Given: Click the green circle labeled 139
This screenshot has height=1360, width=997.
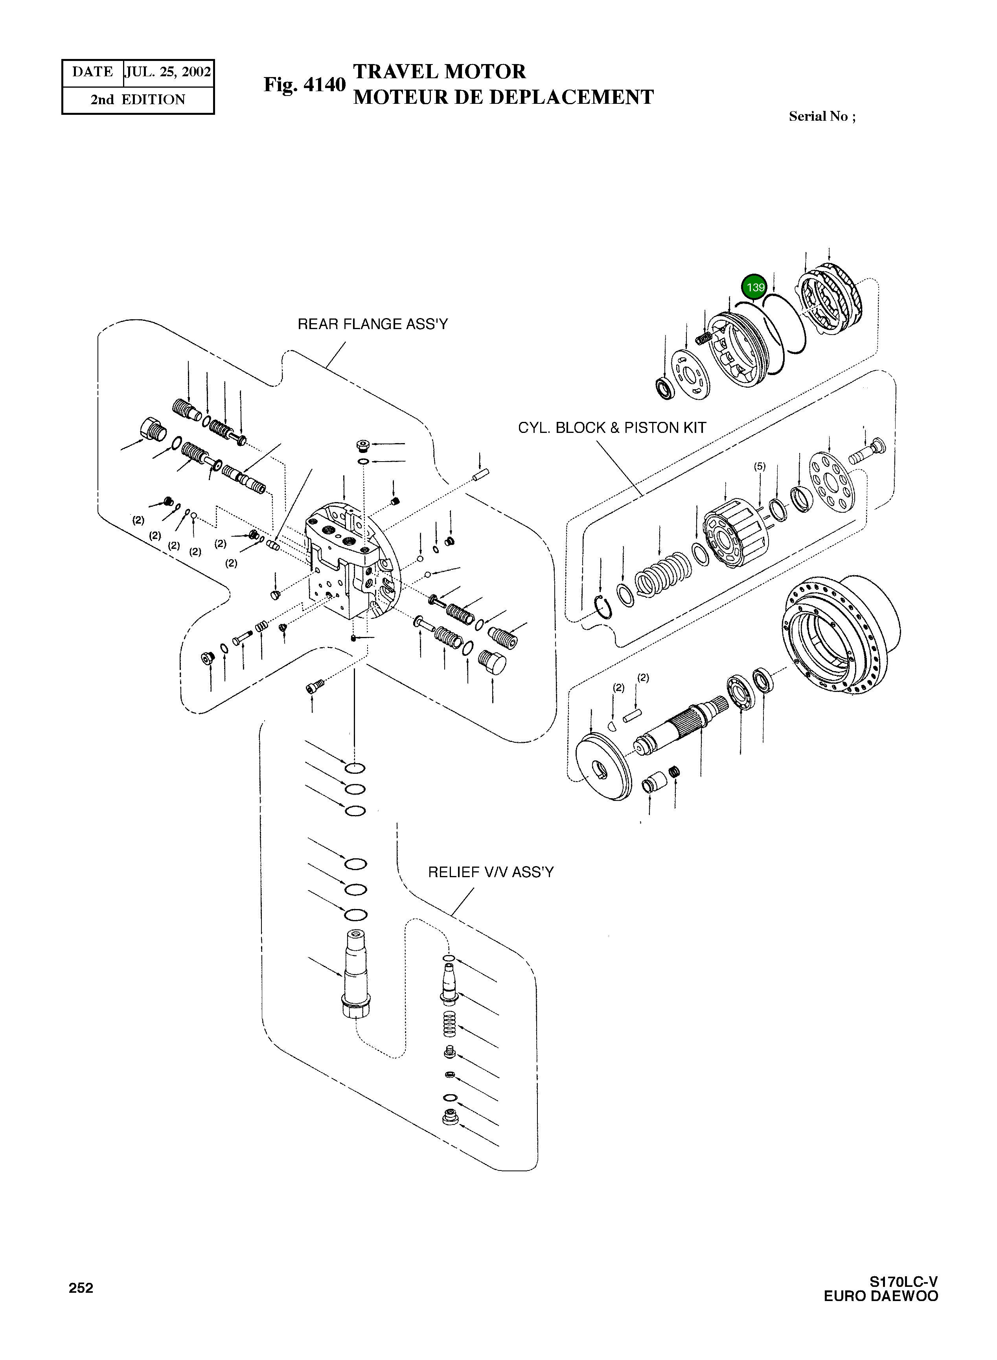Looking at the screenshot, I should pyautogui.click(x=754, y=287).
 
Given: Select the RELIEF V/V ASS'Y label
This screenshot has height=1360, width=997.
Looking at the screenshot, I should pyautogui.click(x=490, y=872).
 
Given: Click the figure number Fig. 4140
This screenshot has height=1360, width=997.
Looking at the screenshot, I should pyautogui.click(x=304, y=85).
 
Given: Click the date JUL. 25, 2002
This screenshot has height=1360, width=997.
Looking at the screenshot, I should pyautogui.click(x=168, y=72).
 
